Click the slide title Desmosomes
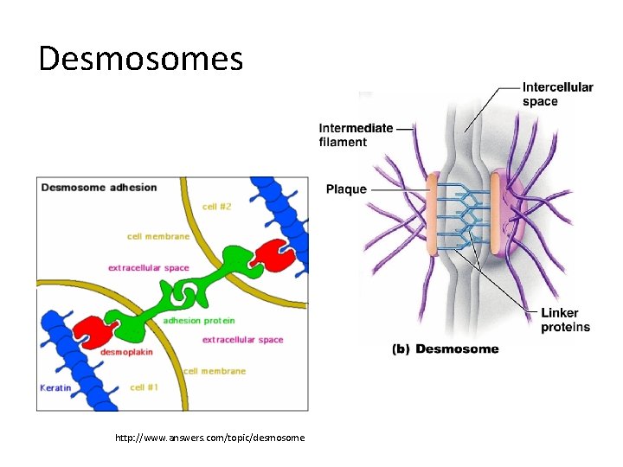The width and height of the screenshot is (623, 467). [141, 59]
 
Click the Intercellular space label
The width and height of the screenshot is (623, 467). [557, 94]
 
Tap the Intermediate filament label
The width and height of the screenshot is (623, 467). [356, 135]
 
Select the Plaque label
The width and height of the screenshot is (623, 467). [346, 189]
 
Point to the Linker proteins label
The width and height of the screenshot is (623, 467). [565, 320]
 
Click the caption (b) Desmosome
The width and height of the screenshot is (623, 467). [446, 349]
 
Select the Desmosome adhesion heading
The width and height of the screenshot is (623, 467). [100, 188]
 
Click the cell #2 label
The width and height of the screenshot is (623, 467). [216, 207]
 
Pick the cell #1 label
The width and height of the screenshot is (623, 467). [143, 387]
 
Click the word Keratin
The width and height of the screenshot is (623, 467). [55, 387]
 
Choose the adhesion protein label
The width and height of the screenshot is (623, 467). [198, 321]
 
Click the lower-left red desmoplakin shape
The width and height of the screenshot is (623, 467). [93, 329]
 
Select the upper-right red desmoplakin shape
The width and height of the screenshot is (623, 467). [269, 253]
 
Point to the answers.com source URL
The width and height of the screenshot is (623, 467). [209, 438]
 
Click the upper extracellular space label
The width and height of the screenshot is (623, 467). [148, 268]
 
